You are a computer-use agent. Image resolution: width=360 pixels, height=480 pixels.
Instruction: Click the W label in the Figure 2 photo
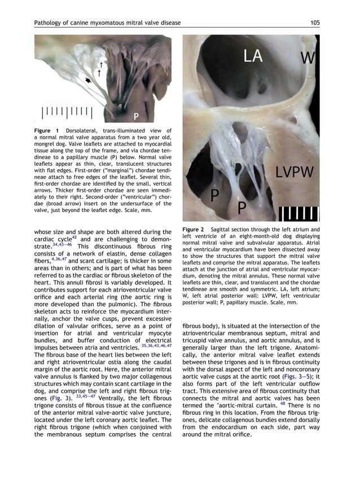point(308,58)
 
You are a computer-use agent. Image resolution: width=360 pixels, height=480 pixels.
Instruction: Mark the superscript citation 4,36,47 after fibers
point(60,259)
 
